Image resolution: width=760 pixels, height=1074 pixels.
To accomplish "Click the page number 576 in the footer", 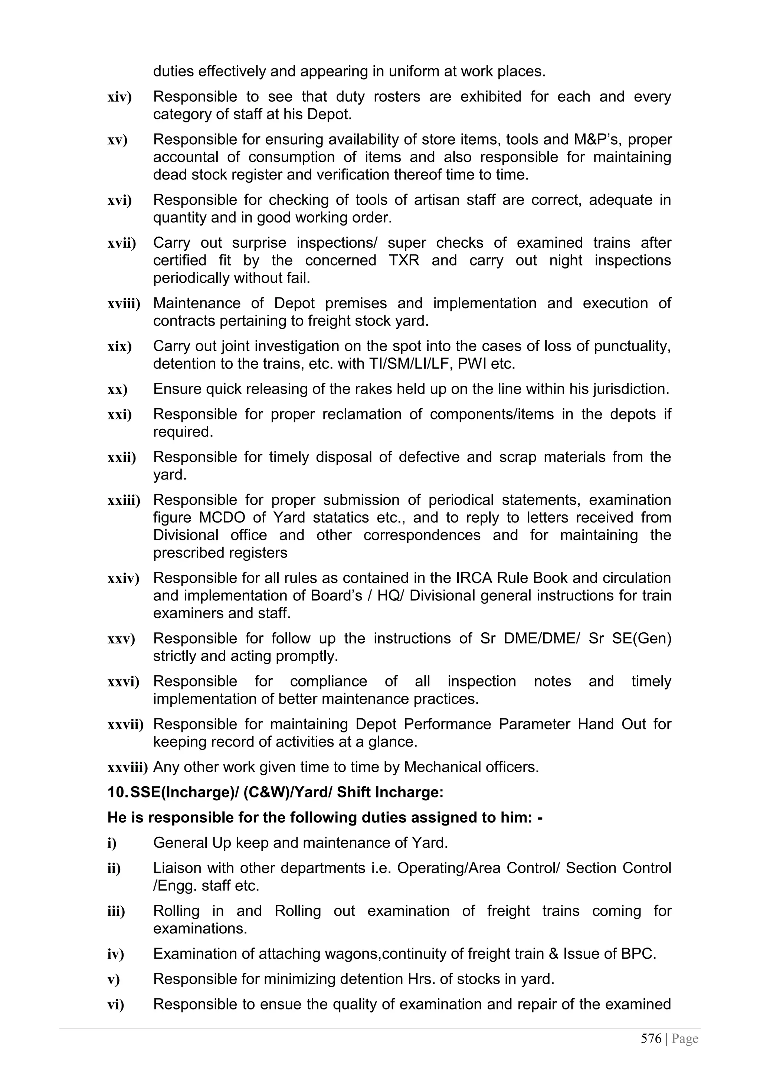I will pyautogui.click(x=651, y=1039).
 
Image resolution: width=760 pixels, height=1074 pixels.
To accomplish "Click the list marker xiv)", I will pyautogui.click(x=119, y=97).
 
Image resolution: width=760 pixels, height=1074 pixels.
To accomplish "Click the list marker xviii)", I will pyautogui.click(x=124, y=304).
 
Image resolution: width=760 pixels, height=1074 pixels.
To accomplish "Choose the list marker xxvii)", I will pyautogui.click(x=125, y=725).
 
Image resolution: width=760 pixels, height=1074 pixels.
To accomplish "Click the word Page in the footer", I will pyautogui.click(x=685, y=1039).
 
